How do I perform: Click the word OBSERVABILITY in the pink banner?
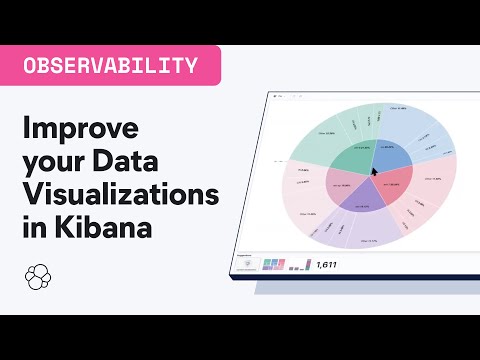(x=109, y=66)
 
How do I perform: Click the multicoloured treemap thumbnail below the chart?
(x=274, y=264)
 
